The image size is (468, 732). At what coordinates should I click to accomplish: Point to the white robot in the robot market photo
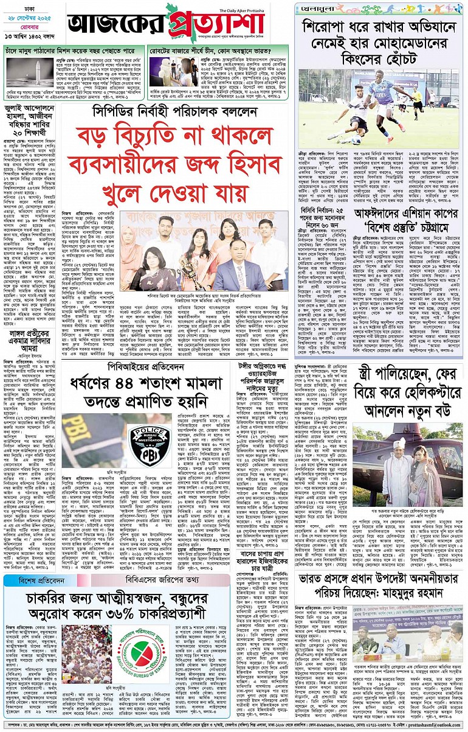(164, 70)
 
